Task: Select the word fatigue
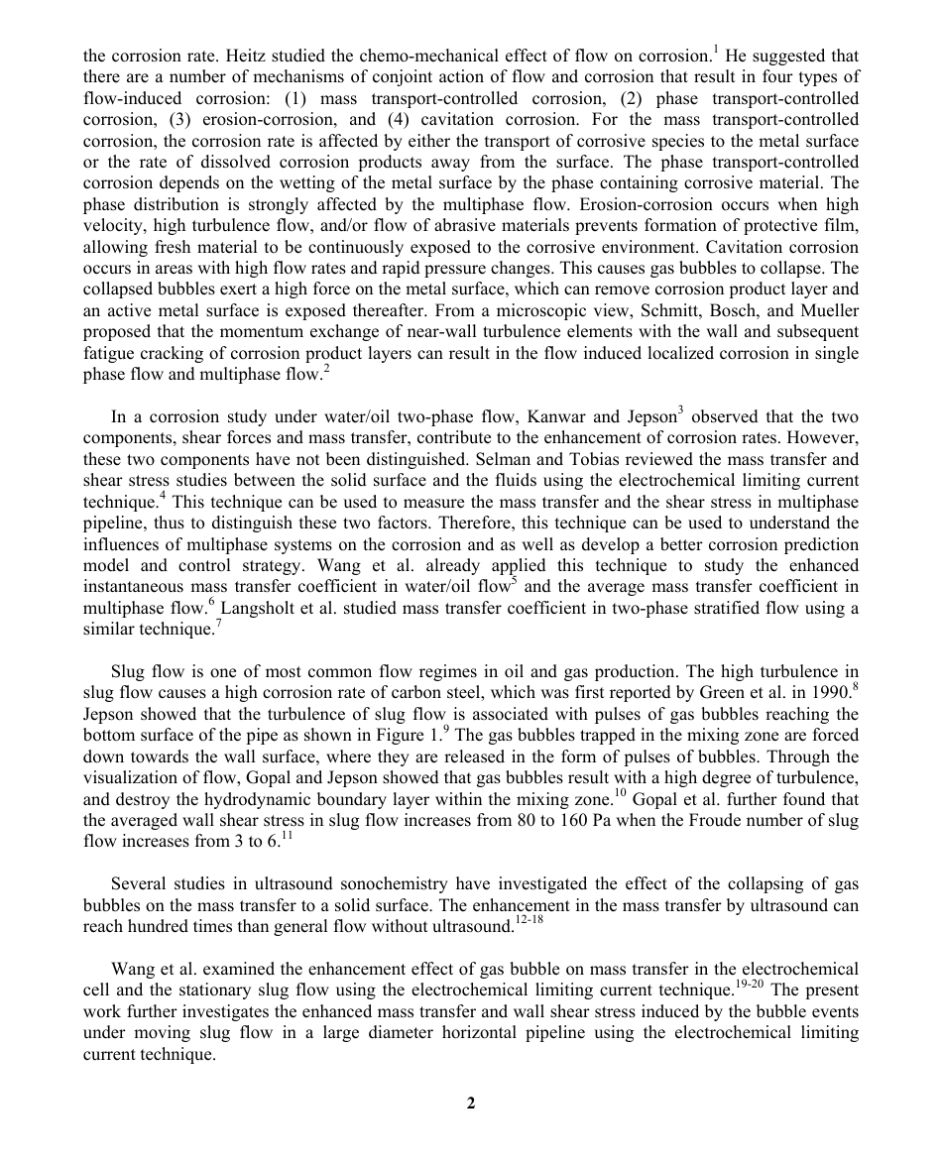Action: click(109, 353)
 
